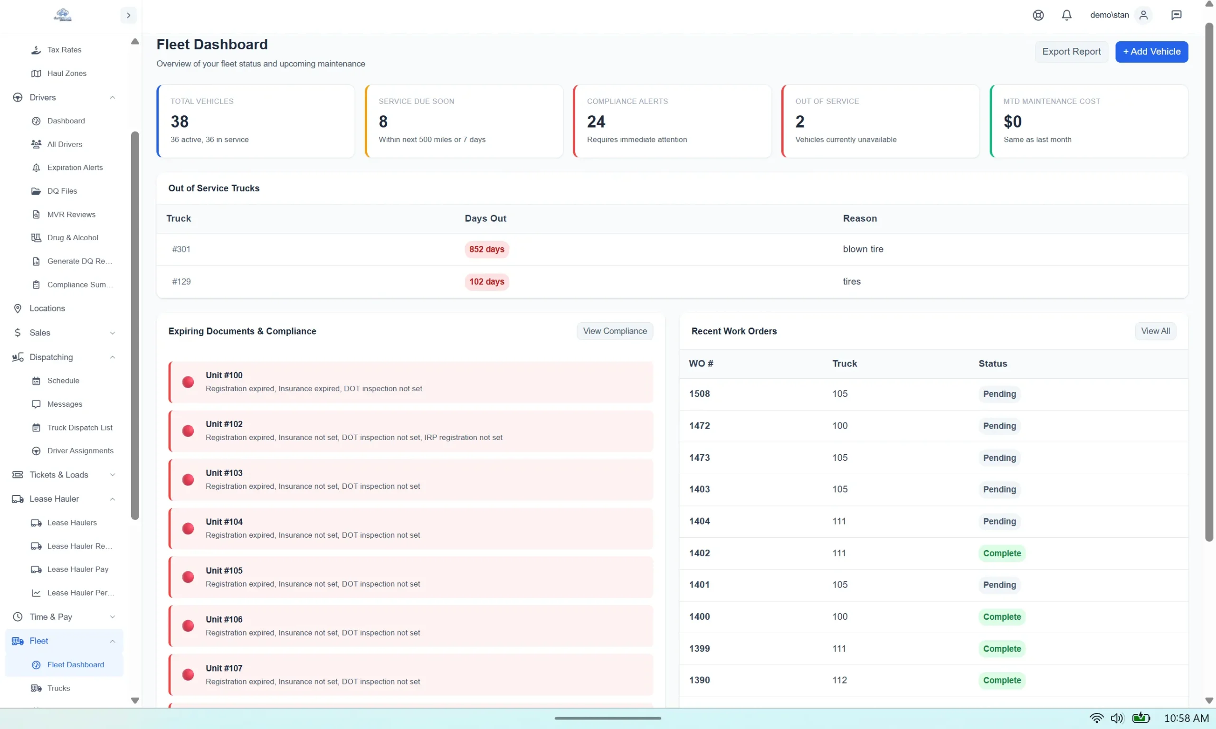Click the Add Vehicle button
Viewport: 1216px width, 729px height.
coord(1151,52)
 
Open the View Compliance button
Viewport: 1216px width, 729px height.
coord(614,331)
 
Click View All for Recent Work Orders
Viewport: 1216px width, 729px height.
coord(1155,331)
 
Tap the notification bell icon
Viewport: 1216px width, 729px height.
coord(1066,15)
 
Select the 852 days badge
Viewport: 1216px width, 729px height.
coord(486,249)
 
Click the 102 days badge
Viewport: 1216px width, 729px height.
coord(486,281)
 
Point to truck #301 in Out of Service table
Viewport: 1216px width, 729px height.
coord(181,249)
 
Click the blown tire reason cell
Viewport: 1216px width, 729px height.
coord(863,249)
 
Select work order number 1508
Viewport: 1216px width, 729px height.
coord(699,393)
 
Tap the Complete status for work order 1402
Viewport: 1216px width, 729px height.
coord(1001,553)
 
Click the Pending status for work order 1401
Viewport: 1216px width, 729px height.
coord(999,585)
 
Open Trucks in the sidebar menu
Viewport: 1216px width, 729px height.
coord(58,688)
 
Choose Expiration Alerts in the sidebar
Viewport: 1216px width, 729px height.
coord(75,168)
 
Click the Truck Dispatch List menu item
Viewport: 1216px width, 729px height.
coord(80,427)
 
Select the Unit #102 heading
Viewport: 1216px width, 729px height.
coord(224,424)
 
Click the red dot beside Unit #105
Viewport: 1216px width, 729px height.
coord(188,577)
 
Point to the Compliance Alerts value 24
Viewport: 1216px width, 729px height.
coord(596,121)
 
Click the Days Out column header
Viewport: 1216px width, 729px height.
coord(485,218)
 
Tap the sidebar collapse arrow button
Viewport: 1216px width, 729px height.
coord(128,15)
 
